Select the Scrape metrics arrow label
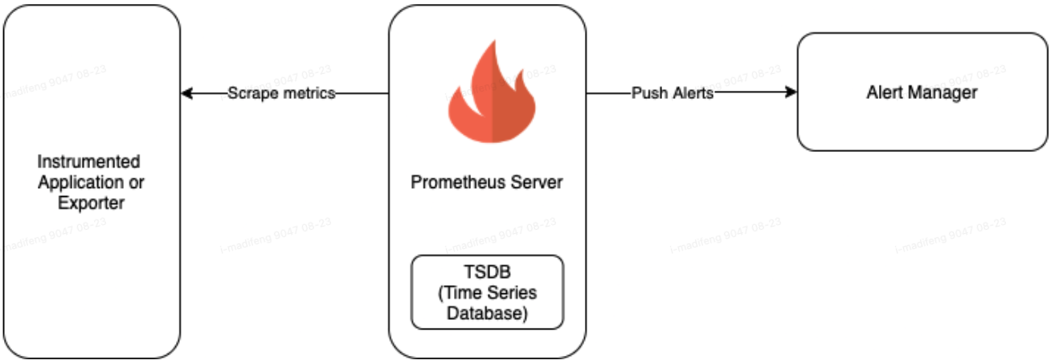(x=280, y=93)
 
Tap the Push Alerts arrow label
(x=673, y=93)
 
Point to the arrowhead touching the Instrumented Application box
(x=186, y=93)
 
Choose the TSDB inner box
(x=487, y=292)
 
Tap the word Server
(x=538, y=182)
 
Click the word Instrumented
(x=89, y=162)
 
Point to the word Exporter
(x=91, y=203)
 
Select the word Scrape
(x=254, y=93)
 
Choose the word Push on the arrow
(x=648, y=93)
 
